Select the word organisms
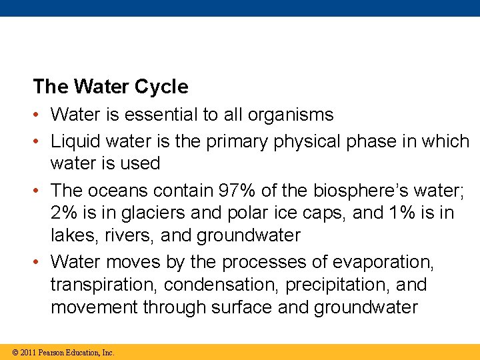pyautogui.click(x=290, y=115)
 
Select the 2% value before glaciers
pyautogui.click(x=63, y=213)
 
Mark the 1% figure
pyautogui.click(x=407, y=213)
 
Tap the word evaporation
pyautogui.click(x=385, y=262)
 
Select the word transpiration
pyautogui.click(x=105, y=285)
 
